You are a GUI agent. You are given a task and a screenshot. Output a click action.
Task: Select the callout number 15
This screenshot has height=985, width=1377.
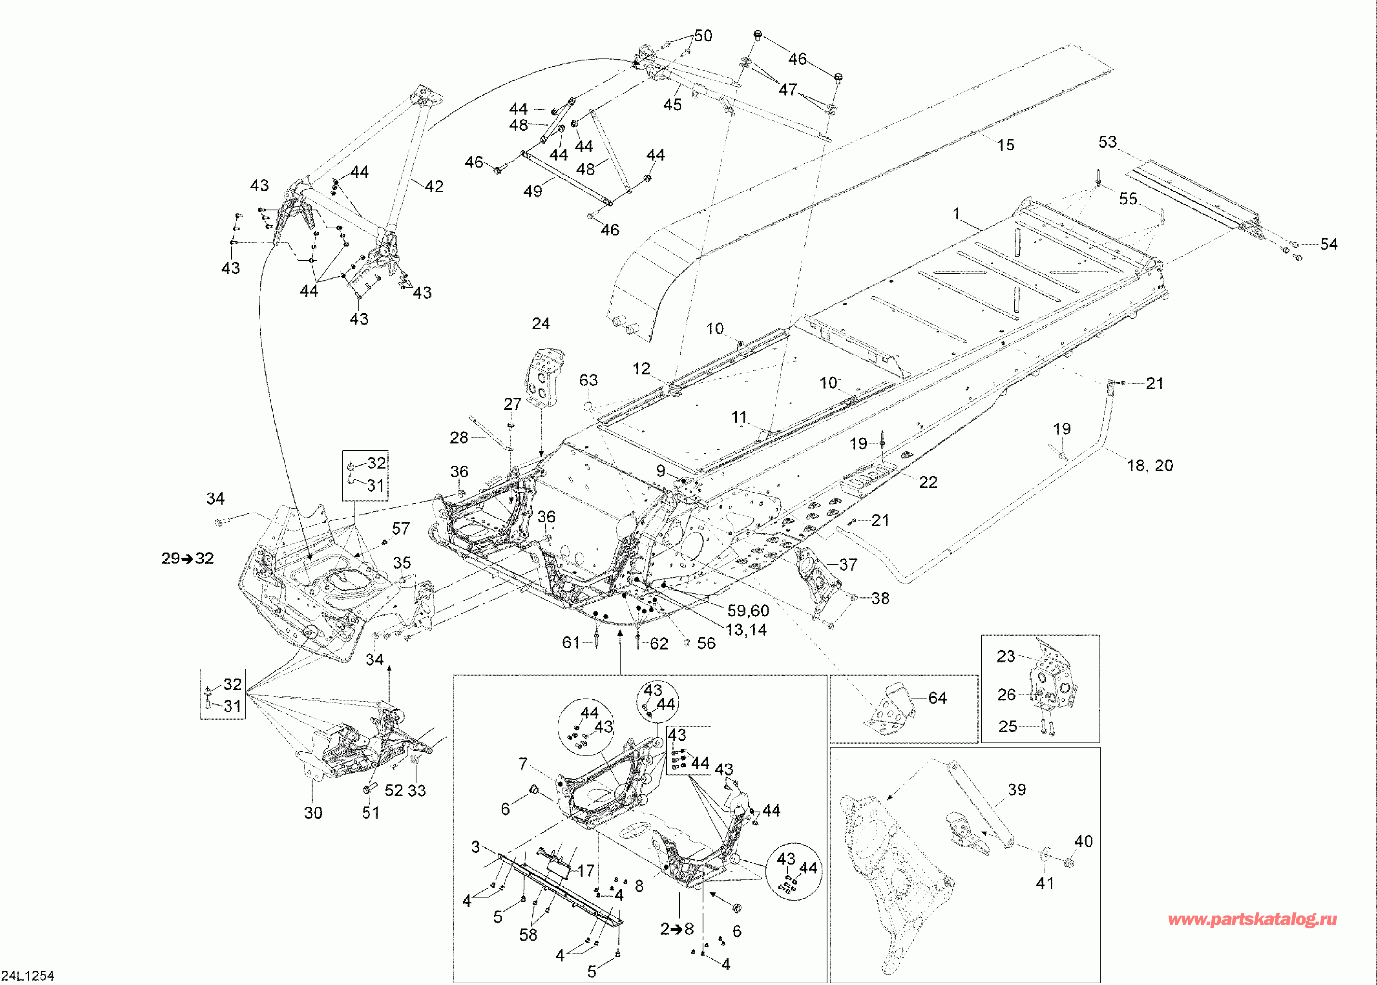pos(1005,145)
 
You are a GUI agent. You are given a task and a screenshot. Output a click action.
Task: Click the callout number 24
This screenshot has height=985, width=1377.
pos(541,324)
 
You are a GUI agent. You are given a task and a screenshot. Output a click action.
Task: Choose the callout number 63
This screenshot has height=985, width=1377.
pos(588,380)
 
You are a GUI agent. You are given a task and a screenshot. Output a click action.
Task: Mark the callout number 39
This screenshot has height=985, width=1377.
pos(1017,790)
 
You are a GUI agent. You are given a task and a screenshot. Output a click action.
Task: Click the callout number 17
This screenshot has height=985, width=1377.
pos(585,870)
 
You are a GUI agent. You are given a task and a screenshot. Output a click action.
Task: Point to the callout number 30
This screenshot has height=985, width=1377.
pos(313,813)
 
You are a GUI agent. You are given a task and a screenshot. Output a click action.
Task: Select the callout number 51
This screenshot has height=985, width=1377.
pos(371,813)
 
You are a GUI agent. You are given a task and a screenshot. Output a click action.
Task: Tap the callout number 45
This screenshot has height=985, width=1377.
pos(672,105)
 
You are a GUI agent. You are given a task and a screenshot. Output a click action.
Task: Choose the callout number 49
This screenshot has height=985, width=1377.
pos(533,191)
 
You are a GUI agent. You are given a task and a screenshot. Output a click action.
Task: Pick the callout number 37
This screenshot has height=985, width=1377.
pos(848,565)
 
